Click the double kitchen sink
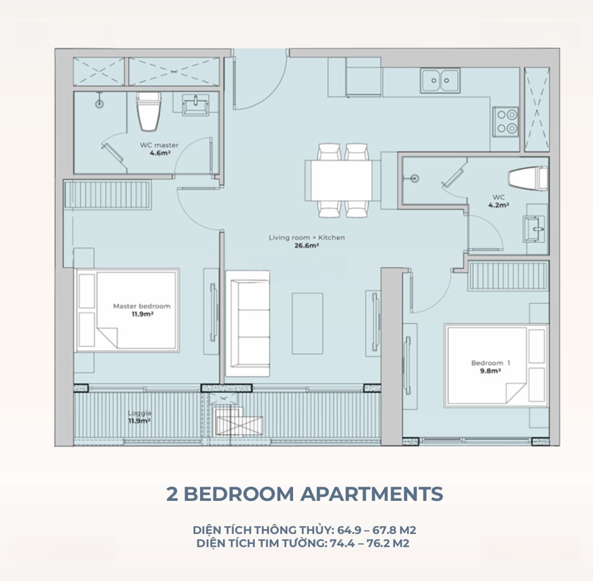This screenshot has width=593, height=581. pos(440,80)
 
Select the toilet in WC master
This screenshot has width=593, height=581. pos(149,111)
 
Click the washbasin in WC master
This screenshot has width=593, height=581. pos(195,105)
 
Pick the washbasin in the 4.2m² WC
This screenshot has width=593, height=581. pos(534,229)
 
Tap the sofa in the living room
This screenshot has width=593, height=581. pos(248,324)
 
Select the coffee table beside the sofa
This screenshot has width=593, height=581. pos(308,324)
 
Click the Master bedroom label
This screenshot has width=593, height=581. pos(142,306)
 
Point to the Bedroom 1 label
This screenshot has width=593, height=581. pos(490,363)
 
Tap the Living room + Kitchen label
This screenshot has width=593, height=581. pos(306,238)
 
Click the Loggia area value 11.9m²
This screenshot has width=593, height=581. pos(139,421)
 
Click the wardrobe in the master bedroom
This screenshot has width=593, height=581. pos(108,194)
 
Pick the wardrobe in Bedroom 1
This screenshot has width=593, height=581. pos(508,276)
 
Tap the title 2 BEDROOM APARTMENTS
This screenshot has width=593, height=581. pos(305,494)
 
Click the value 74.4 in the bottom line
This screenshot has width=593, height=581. pos(341,544)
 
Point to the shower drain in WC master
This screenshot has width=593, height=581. pos(99,103)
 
